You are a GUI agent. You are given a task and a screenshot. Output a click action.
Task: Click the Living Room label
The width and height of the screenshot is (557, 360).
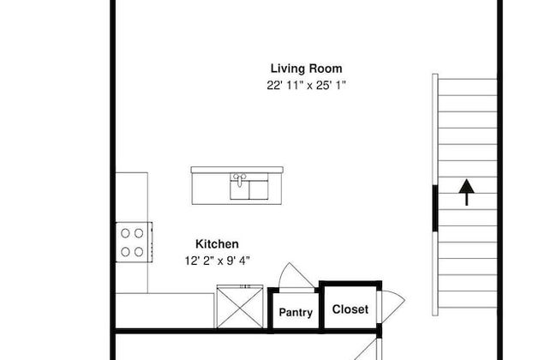pyautogui.click(x=306, y=69)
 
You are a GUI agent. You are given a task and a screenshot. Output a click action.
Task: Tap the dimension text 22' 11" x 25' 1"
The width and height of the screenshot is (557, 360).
pyautogui.click(x=306, y=86)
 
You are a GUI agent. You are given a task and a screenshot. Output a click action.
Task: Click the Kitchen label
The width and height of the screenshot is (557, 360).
pyautogui.click(x=217, y=243)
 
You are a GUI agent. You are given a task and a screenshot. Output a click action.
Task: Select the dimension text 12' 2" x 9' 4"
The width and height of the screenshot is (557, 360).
pyautogui.click(x=217, y=261)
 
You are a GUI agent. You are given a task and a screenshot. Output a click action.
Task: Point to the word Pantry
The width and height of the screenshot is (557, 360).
pyautogui.click(x=296, y=312)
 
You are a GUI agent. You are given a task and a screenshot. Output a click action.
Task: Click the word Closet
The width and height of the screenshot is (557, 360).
pyautogui.click(x=350, y=309)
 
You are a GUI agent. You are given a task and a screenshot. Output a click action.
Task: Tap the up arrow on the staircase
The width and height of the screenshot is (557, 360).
pyautogui.click(x=466, y=192)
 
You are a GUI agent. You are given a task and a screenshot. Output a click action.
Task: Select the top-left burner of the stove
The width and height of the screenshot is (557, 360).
pyautogui.click(x=125, y=233)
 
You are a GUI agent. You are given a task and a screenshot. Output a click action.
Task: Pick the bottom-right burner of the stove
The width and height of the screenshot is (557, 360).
pyautogui.click(x=139, y=252)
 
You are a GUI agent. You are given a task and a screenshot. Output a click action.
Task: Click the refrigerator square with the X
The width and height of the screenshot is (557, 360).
pyautogui.click(x=240, y=307)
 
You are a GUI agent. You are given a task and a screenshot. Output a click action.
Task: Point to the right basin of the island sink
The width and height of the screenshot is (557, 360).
pyautogui.click(x=259, y=190)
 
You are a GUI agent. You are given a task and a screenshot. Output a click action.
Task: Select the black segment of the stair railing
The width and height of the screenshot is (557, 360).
pyautogui.click(x=434, y=208)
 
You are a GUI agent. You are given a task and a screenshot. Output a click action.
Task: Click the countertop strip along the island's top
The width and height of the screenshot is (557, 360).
pyautogui.click(x=237, y=170)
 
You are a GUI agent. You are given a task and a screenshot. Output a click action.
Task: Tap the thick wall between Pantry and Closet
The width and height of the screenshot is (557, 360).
pyautogui.click(x=321, y=308)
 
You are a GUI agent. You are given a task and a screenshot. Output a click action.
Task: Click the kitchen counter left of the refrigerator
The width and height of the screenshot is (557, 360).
pyautogui.click(x=165, y=310)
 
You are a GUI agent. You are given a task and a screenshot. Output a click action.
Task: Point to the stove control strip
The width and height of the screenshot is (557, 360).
pyautogui.click(x=151, y=243)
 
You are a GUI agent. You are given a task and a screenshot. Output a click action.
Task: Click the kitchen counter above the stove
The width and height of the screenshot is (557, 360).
pyautogui.click(x=132, y=197)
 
